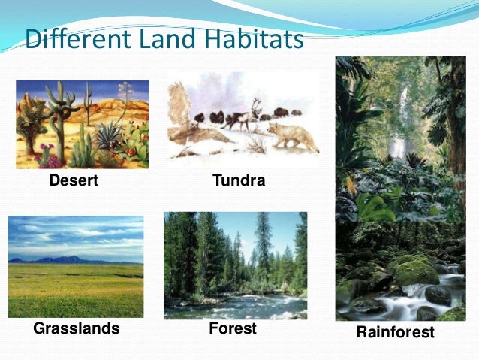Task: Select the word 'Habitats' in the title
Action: click(x=251, y=39)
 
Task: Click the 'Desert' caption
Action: click(x=74, y=180)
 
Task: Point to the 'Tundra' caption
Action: click(x=239, y=180)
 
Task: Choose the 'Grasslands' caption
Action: click(x=77, y=328)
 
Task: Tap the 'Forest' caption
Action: click(x=233, y=328)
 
